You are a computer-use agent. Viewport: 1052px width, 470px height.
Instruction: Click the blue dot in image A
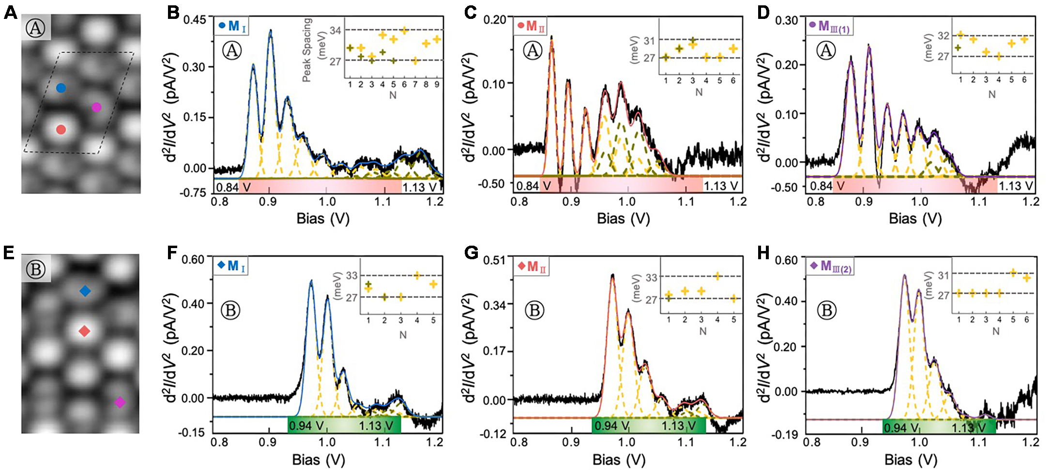coord(61,88)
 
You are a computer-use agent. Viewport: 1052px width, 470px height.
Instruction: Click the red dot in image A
coord(61,129)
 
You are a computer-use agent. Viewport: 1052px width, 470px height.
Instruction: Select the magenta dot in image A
coord(96,107)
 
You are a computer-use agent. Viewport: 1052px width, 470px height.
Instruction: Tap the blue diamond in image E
coord(85,291)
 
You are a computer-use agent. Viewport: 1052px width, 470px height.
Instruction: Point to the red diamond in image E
coord(84,331)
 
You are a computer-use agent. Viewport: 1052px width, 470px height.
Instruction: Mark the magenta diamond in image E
coord(120,402)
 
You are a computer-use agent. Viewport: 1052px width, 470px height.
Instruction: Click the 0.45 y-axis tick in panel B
coord(195,20)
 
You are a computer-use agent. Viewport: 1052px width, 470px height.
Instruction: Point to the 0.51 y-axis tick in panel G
coord(495,260)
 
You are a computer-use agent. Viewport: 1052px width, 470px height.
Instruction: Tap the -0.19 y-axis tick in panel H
coord(786,435)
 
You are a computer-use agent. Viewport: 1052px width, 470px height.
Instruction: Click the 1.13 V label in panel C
coord(720,186)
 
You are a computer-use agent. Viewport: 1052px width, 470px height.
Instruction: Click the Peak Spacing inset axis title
coord(307,50)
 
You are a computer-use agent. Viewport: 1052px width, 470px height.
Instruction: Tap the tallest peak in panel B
coord(271,31)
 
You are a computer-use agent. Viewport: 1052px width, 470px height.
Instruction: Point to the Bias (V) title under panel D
coord(915,219)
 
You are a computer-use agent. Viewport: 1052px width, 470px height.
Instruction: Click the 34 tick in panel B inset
coord(335,31)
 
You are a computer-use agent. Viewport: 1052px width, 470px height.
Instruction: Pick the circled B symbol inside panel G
coord(535,310)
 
